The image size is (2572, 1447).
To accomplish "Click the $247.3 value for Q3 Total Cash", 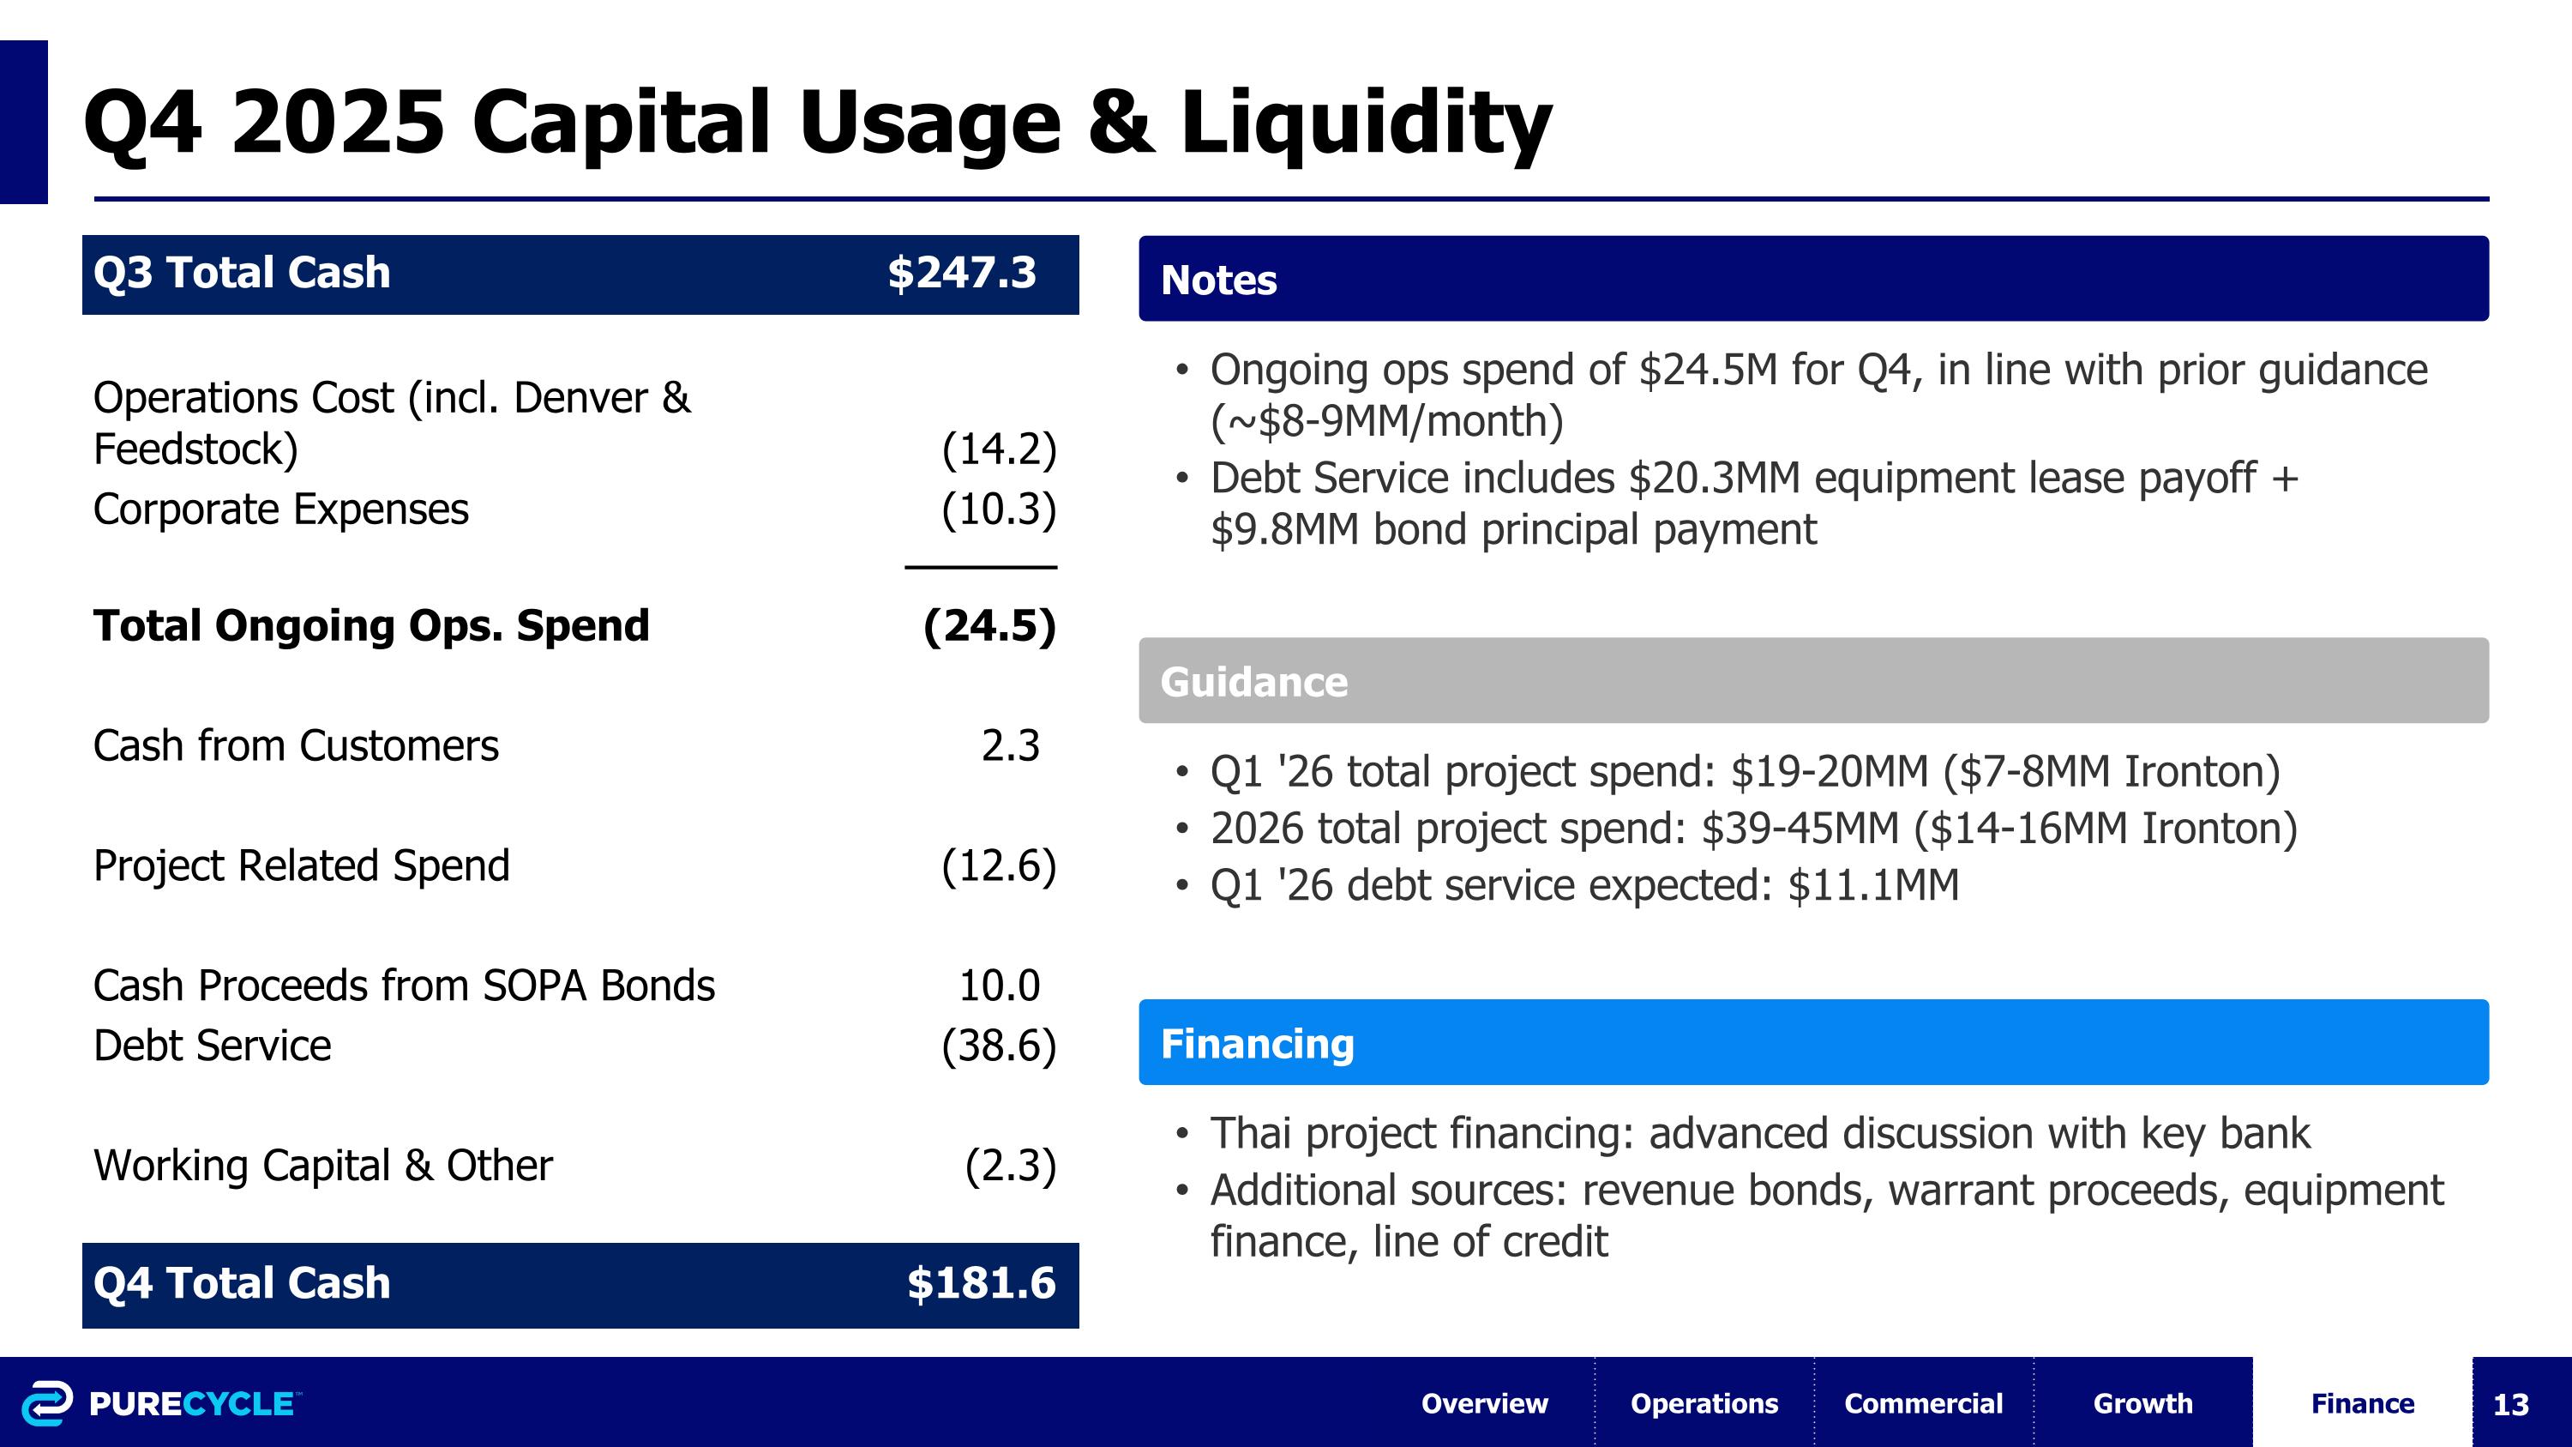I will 962,273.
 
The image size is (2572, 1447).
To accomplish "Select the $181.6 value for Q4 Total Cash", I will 981,1283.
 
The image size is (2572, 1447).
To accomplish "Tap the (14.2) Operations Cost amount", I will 999,449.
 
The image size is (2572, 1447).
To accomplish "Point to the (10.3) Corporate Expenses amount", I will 999,509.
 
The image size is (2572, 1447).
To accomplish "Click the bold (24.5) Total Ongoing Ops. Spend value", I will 989,626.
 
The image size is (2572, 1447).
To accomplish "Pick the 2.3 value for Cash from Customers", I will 1011,746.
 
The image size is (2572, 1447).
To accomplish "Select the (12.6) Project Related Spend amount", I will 999,865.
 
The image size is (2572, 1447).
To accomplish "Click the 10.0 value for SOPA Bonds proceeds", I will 1000,986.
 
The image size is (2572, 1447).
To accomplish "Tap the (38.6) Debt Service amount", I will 999,1046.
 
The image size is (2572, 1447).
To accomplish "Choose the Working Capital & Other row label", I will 322,1166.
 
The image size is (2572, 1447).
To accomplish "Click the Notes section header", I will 1218,280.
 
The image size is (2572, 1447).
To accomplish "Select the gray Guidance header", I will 1253,682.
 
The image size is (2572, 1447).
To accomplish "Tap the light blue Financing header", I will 1257,1044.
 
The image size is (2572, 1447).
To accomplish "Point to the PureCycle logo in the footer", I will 159,1403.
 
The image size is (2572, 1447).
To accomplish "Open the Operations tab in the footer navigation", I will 1704,1403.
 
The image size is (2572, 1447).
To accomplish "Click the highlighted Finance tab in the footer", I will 2361,1403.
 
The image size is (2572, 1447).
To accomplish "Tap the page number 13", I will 2510,1404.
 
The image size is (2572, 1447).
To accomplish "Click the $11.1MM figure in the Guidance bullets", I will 1873,886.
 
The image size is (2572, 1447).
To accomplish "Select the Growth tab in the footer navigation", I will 2142,1403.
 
